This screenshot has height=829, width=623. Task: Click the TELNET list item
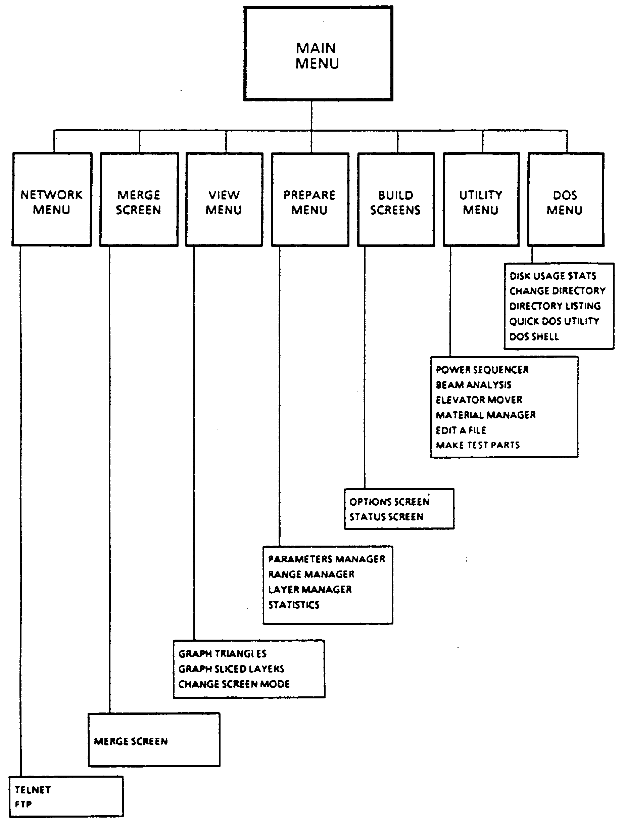point(33,790)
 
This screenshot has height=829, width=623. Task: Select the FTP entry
point(23,804)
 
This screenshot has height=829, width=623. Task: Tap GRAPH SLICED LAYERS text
point(231,669)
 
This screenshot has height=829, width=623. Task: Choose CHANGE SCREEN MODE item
point(234,684)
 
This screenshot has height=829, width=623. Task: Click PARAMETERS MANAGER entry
point(327,559)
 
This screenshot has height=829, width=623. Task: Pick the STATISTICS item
point(294,604)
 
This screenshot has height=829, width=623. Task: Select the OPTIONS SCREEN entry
point(389,501)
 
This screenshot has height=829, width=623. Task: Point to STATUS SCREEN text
point(386,516)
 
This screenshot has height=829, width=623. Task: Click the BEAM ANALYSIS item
point(474,384)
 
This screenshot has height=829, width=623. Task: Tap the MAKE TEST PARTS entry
point(478,445)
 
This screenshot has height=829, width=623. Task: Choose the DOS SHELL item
point(534,336)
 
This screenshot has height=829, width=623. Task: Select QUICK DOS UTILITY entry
point(554,321)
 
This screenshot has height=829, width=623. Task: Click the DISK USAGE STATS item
point(553,276)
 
